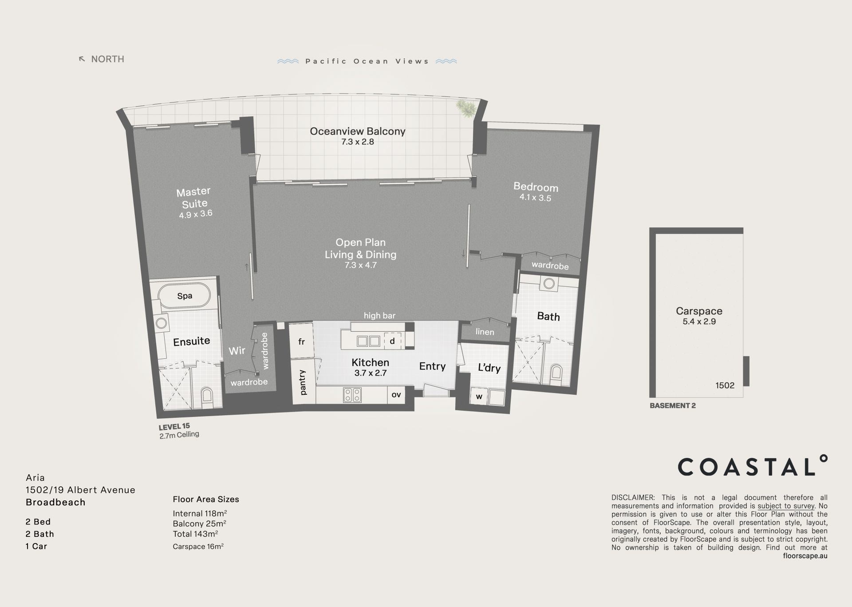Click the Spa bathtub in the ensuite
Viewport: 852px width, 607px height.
[x=184, y=296]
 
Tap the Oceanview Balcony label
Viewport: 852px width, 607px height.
[x=358, y=131]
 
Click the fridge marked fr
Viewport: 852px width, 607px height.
[x=302, y=341]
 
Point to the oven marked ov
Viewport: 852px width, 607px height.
[x=396, y=394]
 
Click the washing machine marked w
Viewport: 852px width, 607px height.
[x=479, y=397]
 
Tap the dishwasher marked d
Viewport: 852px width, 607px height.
[x=392, y=341]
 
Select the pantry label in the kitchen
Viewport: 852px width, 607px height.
[x=303, y=382]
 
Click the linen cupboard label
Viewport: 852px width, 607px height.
[x=485, y=332]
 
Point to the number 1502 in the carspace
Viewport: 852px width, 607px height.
[x=725, y=385]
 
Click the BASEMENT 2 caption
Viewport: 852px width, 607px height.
[x=672, y=405]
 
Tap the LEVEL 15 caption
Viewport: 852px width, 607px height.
[x=174, y=427]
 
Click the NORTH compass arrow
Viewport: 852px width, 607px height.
[x=82, y=59]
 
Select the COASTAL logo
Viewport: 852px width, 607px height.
[x=753, y=466]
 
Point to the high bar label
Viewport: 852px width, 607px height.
[x=379, y=316]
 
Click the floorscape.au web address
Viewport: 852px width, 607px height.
[x=805, y=555]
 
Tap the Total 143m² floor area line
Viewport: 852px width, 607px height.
[x=195, y=534]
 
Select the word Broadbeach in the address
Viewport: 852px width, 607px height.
[x=55, y=502]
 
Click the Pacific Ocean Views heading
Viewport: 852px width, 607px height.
[x=367, y=61]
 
